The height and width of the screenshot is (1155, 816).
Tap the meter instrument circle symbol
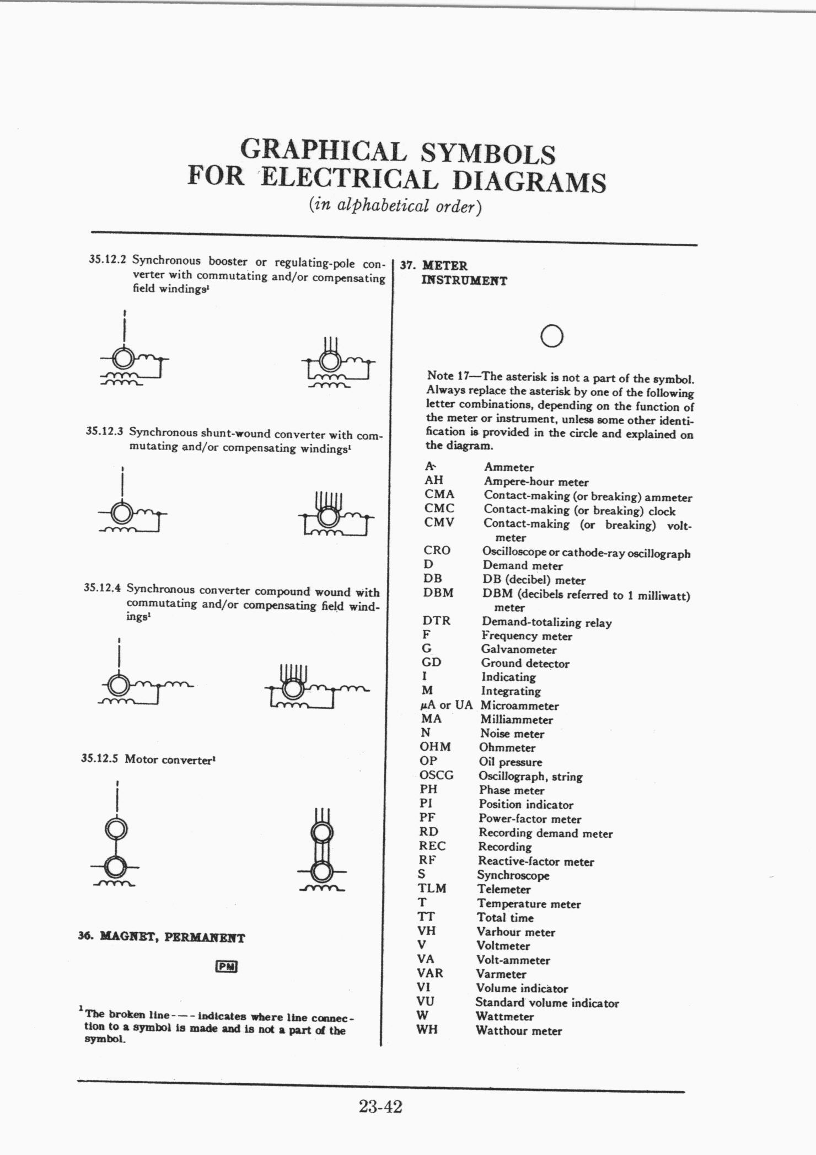pos(552,336)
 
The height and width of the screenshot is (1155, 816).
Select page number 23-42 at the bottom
pos(381,1106)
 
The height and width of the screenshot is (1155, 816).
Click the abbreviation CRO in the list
pos(437,550)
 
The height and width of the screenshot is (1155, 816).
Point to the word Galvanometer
pos(518,650)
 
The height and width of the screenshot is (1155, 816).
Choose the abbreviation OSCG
pos(437,776)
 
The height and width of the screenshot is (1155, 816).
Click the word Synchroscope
pos(513,875)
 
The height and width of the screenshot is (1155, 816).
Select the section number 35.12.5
pos(99,758)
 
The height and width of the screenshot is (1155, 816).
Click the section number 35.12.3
pos(104,431)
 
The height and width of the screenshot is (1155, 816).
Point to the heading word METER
pos(444,266)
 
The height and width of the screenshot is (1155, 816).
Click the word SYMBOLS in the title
pos(487,154)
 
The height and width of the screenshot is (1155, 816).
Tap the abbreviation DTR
pos(437,621)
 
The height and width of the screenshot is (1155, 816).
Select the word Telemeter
pos(504,889)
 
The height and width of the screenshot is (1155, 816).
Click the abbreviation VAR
pos(430,973)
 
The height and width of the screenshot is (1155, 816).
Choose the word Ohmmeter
pos(507,748)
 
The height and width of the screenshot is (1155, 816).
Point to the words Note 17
pos(447,376)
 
